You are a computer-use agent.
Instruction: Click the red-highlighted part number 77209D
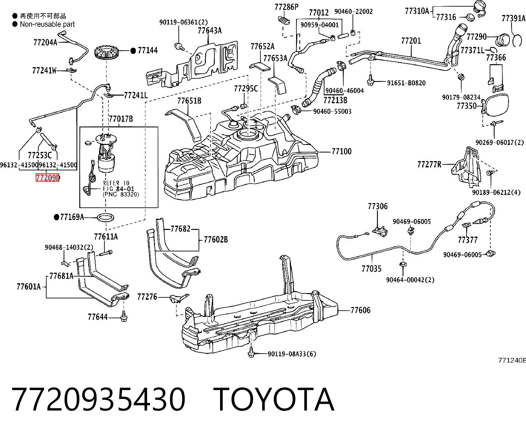click(48, 178)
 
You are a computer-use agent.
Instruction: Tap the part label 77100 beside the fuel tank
click(341, 152)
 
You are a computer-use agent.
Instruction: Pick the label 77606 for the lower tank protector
click(360, 310)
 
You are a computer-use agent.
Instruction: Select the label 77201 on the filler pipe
click(411, 41)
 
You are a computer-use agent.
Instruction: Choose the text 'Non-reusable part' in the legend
click(47, 24)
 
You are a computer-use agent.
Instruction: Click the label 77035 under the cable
click(372, 269)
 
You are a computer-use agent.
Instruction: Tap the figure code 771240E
click(512, 360)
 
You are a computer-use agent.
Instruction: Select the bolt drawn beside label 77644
click(124, 316)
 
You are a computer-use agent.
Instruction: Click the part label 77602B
click(216, 240)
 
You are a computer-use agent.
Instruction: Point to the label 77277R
click(429, 164)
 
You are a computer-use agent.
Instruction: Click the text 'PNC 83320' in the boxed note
click(121, 194)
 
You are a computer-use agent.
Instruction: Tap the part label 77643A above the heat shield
click(209, 30)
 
